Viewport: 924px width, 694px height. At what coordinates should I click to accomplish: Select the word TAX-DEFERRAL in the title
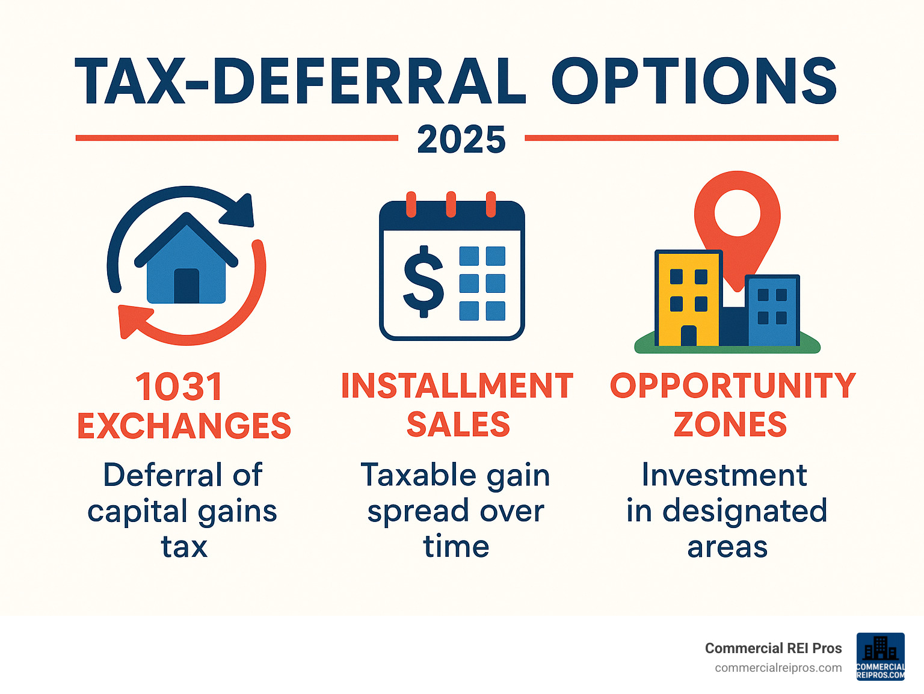(300, 81)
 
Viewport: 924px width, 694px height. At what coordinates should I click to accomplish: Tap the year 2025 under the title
(461, 140)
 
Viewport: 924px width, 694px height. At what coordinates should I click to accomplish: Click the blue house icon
(186, 265)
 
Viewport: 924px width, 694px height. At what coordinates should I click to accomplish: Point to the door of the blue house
(186, 286)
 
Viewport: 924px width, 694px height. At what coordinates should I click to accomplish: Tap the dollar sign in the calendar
(423, 281)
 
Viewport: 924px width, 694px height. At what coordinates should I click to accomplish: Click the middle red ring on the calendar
(451, 204)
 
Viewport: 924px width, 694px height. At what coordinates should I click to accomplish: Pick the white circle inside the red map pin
(737, 213)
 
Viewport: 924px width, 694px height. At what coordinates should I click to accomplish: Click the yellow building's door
(689, 336)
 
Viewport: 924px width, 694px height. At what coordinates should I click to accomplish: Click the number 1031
(179, 387)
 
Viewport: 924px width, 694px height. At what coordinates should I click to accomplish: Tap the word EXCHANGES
(184, 426)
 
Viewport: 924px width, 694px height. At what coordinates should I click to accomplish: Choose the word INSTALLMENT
(457, 386)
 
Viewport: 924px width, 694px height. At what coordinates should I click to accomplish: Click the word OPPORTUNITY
(732, 385)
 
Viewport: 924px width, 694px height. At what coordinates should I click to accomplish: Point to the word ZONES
(730, 425)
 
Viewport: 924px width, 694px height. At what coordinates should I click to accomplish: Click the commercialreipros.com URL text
(778, 668)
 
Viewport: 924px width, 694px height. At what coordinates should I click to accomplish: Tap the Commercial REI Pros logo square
(880, 657)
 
